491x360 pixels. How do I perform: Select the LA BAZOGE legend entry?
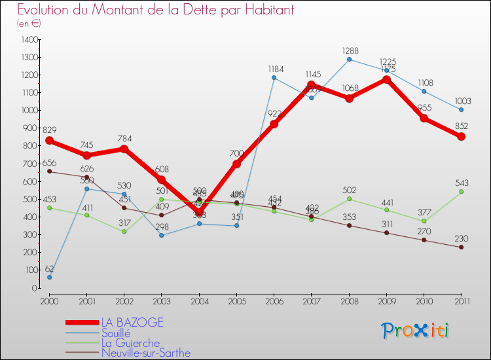pos(132,323)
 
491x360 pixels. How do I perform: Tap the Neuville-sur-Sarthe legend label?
pos(145,353)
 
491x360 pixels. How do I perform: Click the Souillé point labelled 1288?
pos(349,60)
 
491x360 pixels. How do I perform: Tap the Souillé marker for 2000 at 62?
pos(49,277)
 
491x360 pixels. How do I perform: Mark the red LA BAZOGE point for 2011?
pos(462,137)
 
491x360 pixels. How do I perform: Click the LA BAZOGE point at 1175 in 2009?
pos(386,80)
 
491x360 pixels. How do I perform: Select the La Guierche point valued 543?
pos(462,192)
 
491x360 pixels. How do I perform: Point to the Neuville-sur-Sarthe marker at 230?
pos(462,247)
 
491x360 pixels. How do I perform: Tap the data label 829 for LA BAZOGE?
pos(50,131)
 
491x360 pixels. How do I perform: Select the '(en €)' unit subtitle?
pos(29,24)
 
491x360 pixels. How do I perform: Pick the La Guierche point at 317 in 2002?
pos(124,232)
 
